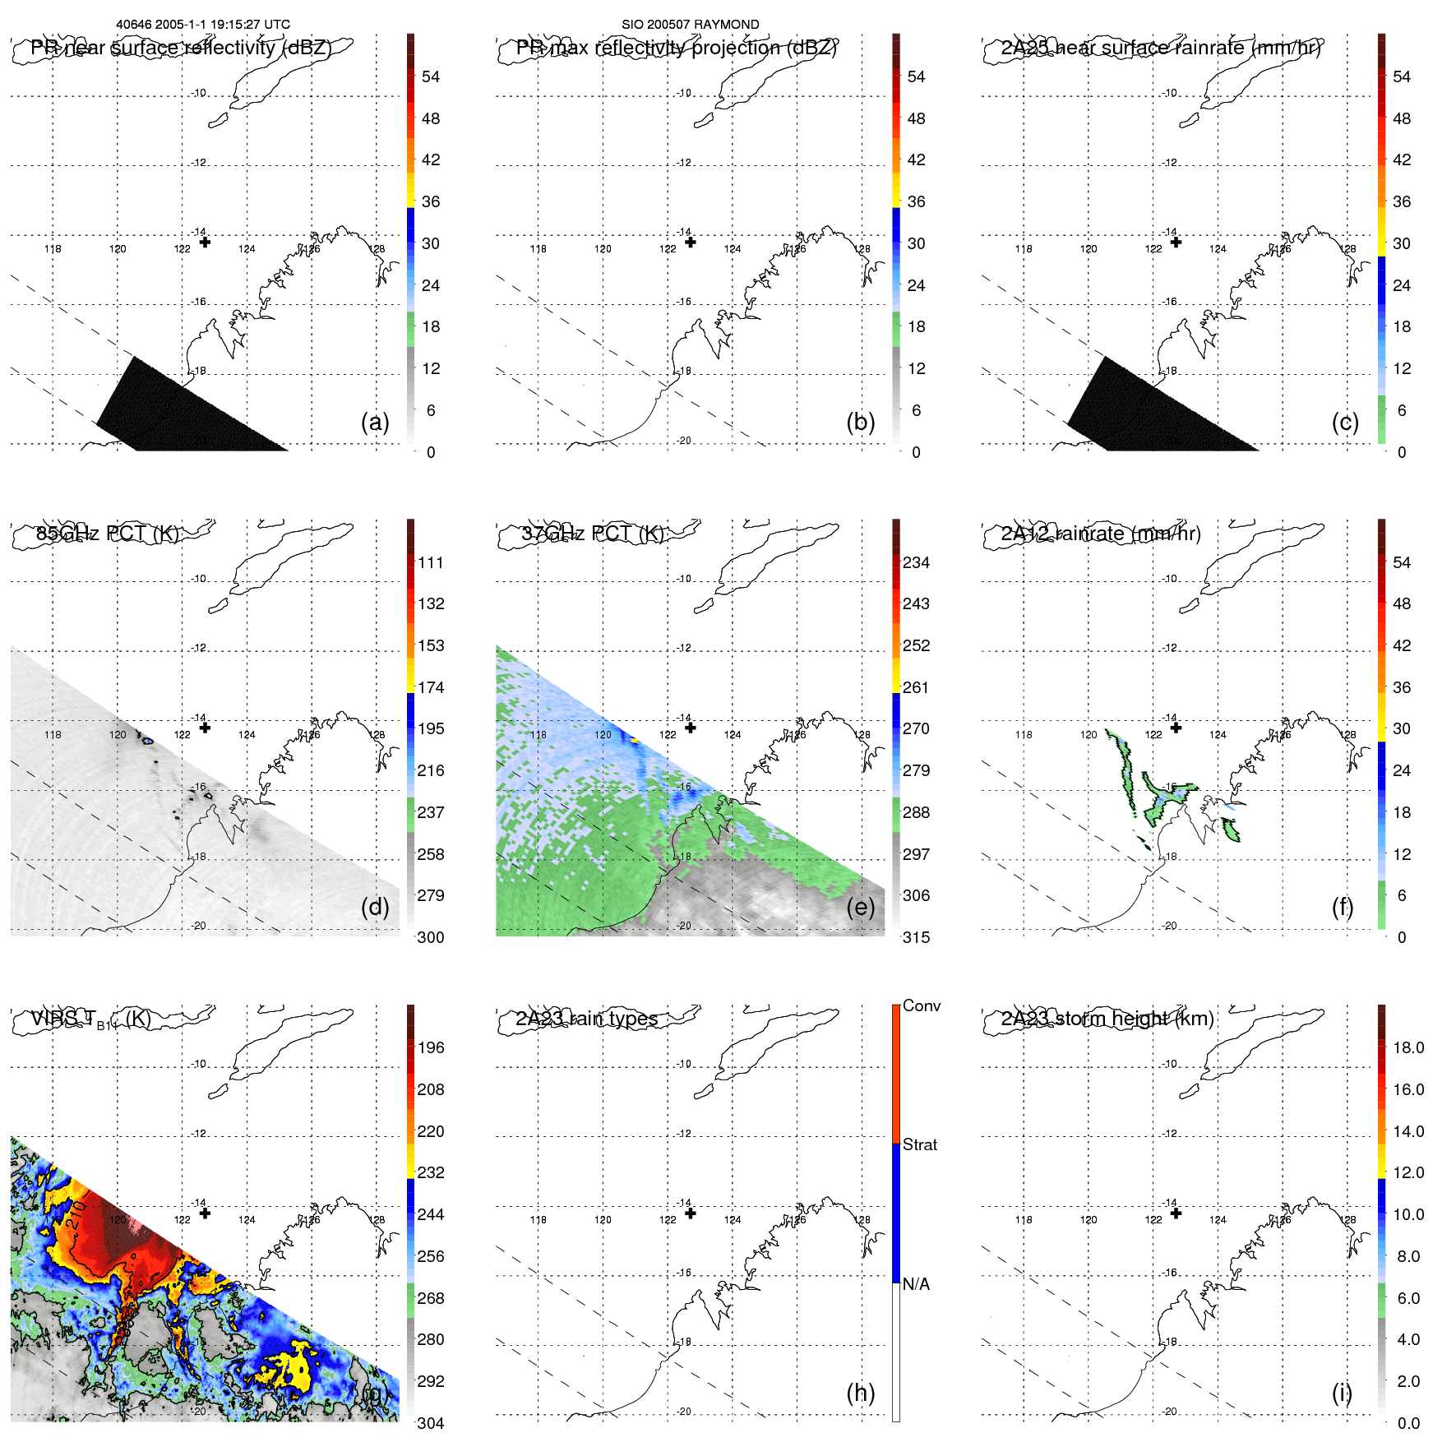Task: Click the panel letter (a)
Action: pos(375,422)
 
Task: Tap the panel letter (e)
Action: pos(861,907)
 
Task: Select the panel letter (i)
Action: pos(1342,1393)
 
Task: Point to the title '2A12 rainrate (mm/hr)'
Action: pos(1101,534)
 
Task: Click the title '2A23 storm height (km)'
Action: pos(1107,1019)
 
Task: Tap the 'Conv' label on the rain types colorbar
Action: pos(922,1005)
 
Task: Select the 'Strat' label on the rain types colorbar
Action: pos(920,1144)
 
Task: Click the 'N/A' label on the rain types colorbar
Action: pos(916,1284)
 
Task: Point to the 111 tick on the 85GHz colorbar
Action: pos(431,562)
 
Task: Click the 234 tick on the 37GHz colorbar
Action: pos(916,562)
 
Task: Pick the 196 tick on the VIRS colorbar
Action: pos(431,1047)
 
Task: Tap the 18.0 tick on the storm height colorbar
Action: pos(1408,1047)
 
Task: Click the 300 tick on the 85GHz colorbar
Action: pos(431,937)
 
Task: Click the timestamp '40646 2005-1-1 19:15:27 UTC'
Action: pos(203,25)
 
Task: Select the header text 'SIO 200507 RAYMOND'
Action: pos(691,25)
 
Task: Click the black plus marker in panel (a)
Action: pos(205,243)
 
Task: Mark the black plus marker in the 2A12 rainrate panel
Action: pos(1176,728)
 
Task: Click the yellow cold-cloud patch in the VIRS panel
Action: pos(284,1369)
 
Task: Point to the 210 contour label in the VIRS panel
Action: pos(75,1215)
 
